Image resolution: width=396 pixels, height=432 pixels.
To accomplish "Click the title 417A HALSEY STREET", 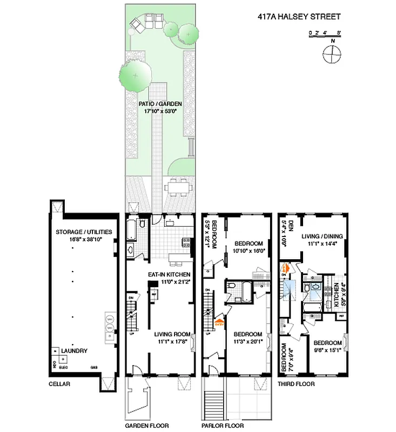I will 299,17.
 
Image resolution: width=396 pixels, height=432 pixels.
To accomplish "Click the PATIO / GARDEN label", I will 160,104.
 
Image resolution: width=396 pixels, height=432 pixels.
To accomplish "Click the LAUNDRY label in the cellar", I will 73,351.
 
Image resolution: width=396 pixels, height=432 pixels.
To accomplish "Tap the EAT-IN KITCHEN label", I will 169,274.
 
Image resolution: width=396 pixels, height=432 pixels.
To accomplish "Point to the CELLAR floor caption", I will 59,384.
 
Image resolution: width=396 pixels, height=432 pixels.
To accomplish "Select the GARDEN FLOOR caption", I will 145,425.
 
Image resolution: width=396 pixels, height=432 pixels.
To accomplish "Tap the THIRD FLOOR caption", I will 296,384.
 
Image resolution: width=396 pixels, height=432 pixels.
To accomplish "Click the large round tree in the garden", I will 135,74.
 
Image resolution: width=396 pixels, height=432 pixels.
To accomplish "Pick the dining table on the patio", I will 178,187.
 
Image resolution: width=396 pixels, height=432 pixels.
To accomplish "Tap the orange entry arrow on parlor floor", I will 219,323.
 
